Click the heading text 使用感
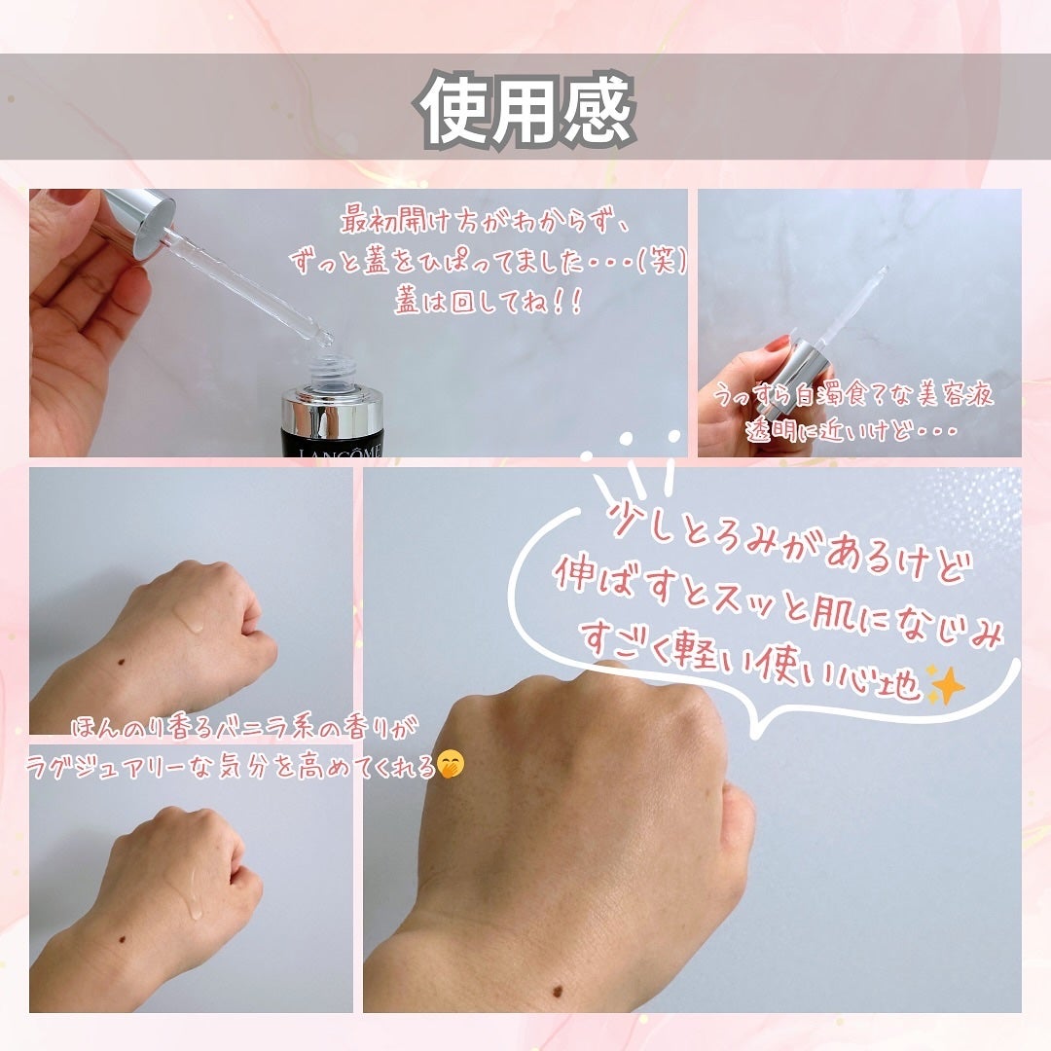click(x=526, y=109)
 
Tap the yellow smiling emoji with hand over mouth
click(x=450, y=766)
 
